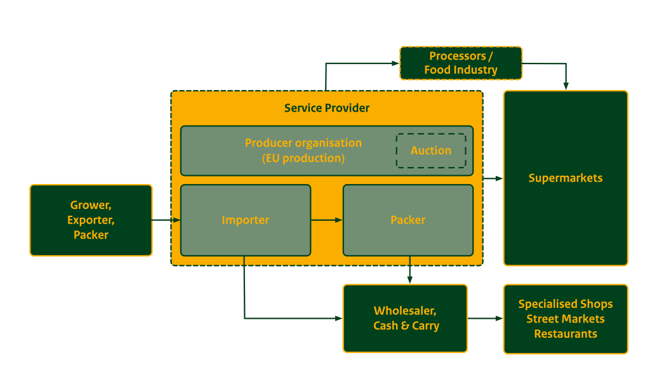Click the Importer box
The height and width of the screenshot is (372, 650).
[246, 220]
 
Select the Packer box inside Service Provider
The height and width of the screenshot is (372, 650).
[408, 220]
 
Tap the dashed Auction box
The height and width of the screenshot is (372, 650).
[431, 150]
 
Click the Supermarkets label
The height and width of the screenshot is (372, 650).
[565, 178]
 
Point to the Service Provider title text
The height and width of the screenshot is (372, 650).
[327, 108]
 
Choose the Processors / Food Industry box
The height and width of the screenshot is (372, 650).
[461, 63]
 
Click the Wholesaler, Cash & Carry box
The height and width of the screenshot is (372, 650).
[406, 319]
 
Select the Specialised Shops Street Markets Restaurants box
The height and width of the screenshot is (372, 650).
[566, 319]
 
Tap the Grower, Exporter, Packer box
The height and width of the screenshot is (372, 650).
[91, 220]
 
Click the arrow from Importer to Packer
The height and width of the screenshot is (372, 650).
[327, 220]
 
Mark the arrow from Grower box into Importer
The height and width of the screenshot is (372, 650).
[167, 220]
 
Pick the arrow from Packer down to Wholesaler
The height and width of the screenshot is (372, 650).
[409, 270]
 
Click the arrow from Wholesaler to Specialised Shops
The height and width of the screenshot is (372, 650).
[486, 319]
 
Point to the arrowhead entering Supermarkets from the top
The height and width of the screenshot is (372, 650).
[566, 86]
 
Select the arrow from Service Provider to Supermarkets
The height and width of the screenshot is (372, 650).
[493, 178]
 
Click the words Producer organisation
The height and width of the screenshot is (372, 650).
[303, 143]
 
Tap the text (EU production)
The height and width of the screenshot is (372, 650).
[303, 158]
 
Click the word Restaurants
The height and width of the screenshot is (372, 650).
[566, 334]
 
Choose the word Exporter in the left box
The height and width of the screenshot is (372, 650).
[91, 220]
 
